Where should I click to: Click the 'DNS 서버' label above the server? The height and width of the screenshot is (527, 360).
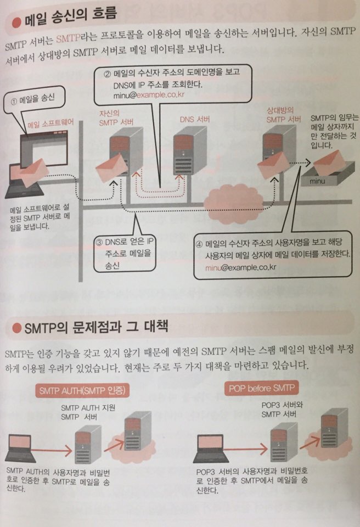pyautogui.click(x=195, y=119)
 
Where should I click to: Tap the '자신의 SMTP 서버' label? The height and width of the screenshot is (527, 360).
pyautogui.click(x=116, y=118)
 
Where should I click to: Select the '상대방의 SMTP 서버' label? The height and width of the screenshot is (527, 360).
pyautogui.click(x=284, y=115)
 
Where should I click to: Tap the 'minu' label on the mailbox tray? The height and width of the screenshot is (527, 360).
pyautogui.click(x=317, y=181)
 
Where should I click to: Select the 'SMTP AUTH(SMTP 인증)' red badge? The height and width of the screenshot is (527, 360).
pyautogui.click(x=82, y=390)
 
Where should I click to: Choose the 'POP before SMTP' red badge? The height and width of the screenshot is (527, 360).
pyautogui.click(x=262, y=389)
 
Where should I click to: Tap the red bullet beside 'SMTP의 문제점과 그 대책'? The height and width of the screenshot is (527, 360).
pyautogui.click(x=17, y=328)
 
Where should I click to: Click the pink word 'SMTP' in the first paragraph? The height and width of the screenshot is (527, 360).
pyautogui.click(x=68, y=38)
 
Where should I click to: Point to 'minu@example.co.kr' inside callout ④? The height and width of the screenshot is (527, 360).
pyautogui.click(x=241, y=267)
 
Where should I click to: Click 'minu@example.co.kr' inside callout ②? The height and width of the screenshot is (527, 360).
pyautogui.click(x=149, y=95)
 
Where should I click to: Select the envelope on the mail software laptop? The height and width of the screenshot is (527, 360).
pyautogui.click(x=32, y=172)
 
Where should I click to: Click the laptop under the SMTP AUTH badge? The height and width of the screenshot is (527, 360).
pyautogui.click(x=20, y=448)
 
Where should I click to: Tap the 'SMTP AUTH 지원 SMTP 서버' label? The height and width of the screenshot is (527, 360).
pyautogui.click(x=88, y=412)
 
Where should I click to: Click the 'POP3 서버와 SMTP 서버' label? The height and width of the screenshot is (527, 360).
pyautogui.click(x=282, y=410)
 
